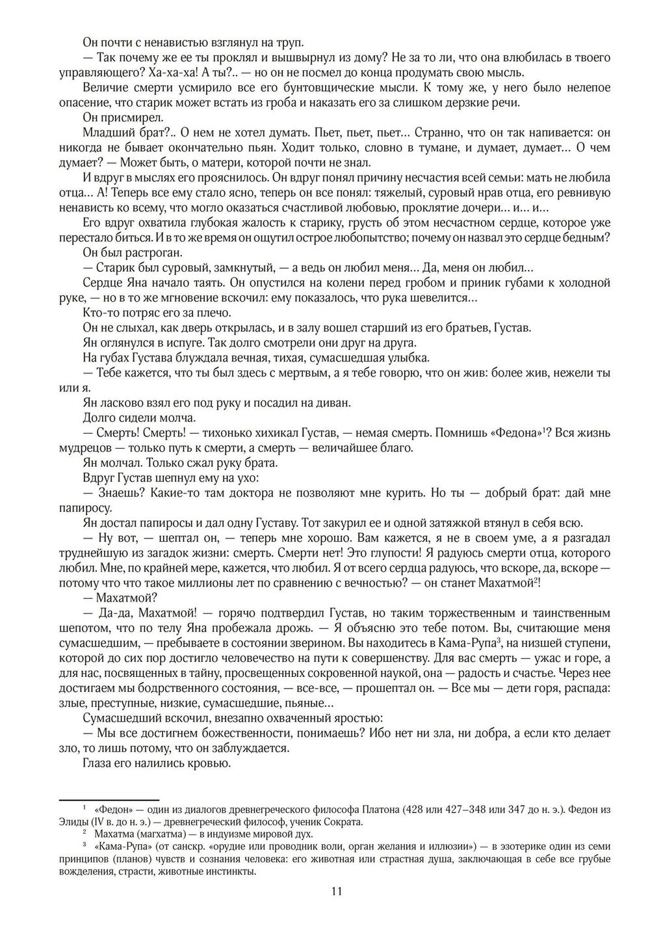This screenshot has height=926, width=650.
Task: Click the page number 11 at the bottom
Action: [x=336, y=892]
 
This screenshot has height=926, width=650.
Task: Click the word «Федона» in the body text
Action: [x=517, y=433]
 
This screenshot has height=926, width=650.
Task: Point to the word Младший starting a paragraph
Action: [x=106, y=133]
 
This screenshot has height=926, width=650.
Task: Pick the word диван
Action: [x=332, y=403]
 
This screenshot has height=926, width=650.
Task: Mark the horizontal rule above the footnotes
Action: [x=109, y=800]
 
